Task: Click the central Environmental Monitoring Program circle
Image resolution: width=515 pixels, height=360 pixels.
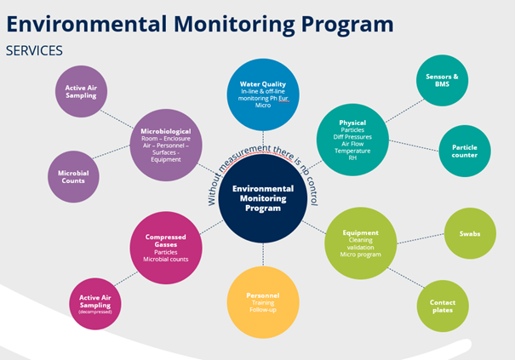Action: tap(262, 198)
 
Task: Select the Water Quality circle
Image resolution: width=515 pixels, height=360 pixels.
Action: tap(263, 94)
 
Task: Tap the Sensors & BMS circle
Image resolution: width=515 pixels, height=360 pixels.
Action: tap(442, 82)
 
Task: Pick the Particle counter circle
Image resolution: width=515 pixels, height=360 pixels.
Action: tap(465, 151)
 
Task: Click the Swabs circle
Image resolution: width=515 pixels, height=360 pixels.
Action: tap(470, 231)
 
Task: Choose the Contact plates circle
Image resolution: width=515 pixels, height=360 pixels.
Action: tap(442, 306)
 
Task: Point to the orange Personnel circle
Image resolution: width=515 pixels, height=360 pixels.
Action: tap(263, 301)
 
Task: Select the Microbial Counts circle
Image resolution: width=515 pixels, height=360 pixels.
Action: tap(73, 176)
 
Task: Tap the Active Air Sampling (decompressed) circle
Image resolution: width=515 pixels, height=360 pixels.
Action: tap(95, 303)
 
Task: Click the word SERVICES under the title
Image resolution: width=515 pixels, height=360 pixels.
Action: tap(34, 51)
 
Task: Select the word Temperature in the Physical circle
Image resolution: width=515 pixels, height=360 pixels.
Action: tap(352, 150)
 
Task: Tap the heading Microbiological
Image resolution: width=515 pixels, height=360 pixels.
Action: tap(166, 132)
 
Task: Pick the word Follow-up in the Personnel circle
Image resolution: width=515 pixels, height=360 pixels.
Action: tap(263, 311)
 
